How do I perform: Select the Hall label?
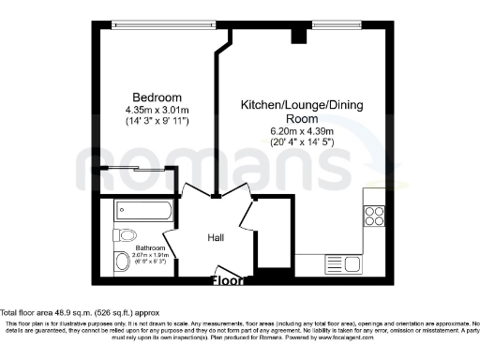(x=216, y=238)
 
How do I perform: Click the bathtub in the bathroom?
(x=142, y=210)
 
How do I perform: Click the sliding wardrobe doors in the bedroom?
(x=131, y=169)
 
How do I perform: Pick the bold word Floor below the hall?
(x=229, y=279)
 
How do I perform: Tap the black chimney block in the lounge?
(x=298, y=37)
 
